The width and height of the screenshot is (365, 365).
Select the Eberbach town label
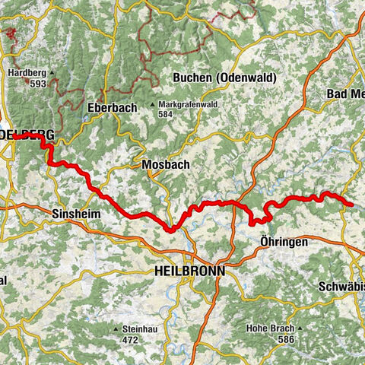tap(112, 108)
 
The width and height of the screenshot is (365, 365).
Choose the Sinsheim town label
tap(76, 215)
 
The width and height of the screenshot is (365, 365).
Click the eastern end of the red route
tap(350, 204)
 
